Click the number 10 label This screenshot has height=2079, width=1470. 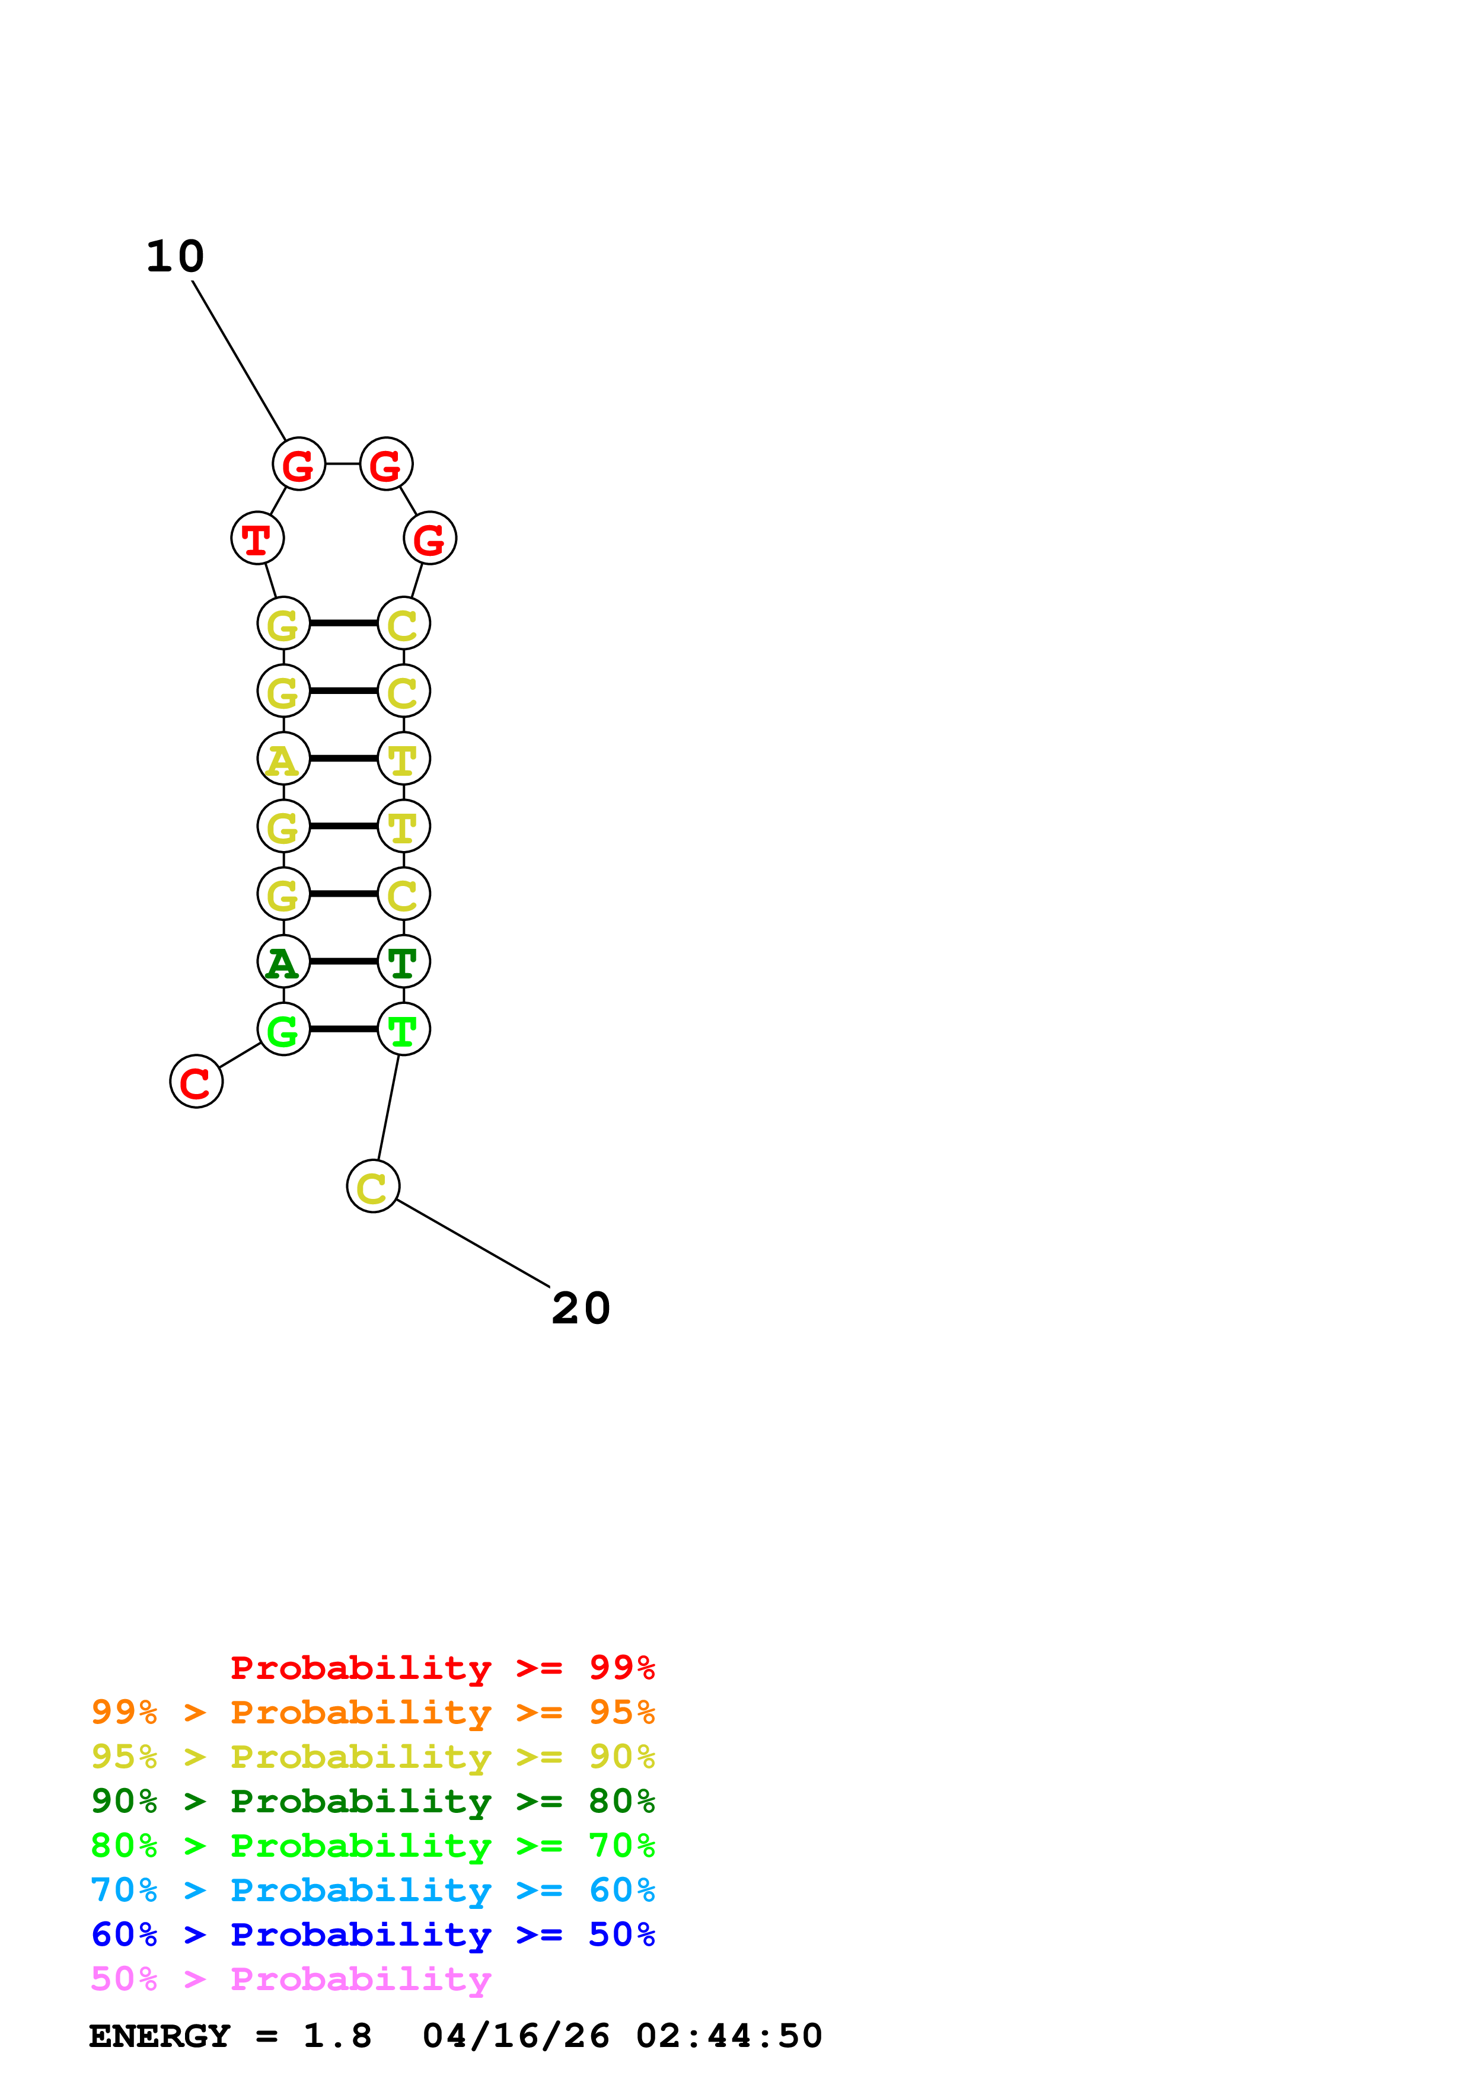click(176, 257)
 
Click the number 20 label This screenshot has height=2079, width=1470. click(581, 1309)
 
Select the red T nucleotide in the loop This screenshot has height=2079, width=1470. click(257, 539)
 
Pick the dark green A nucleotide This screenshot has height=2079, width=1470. click(283, 962)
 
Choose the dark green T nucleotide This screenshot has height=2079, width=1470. click(403, 962)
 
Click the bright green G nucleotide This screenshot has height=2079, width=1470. click(283, 1029)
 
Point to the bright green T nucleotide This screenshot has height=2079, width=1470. click(403, 1029)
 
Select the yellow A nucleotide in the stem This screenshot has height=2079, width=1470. click(283, 759)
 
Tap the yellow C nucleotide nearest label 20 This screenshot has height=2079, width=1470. click(372, 1186)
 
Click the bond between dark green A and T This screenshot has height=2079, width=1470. click(343, 962)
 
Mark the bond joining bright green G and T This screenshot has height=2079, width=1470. click(343, 1029)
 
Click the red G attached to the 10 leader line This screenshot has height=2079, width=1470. click(298, 465)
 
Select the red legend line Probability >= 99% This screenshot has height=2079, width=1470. click(442, 1667)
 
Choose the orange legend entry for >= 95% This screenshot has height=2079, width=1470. click(372, 1712)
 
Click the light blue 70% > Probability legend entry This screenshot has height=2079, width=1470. click(372, 1890)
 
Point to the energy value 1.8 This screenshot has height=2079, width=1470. click(337, 2036)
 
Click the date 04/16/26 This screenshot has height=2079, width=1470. click(515, 2036)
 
